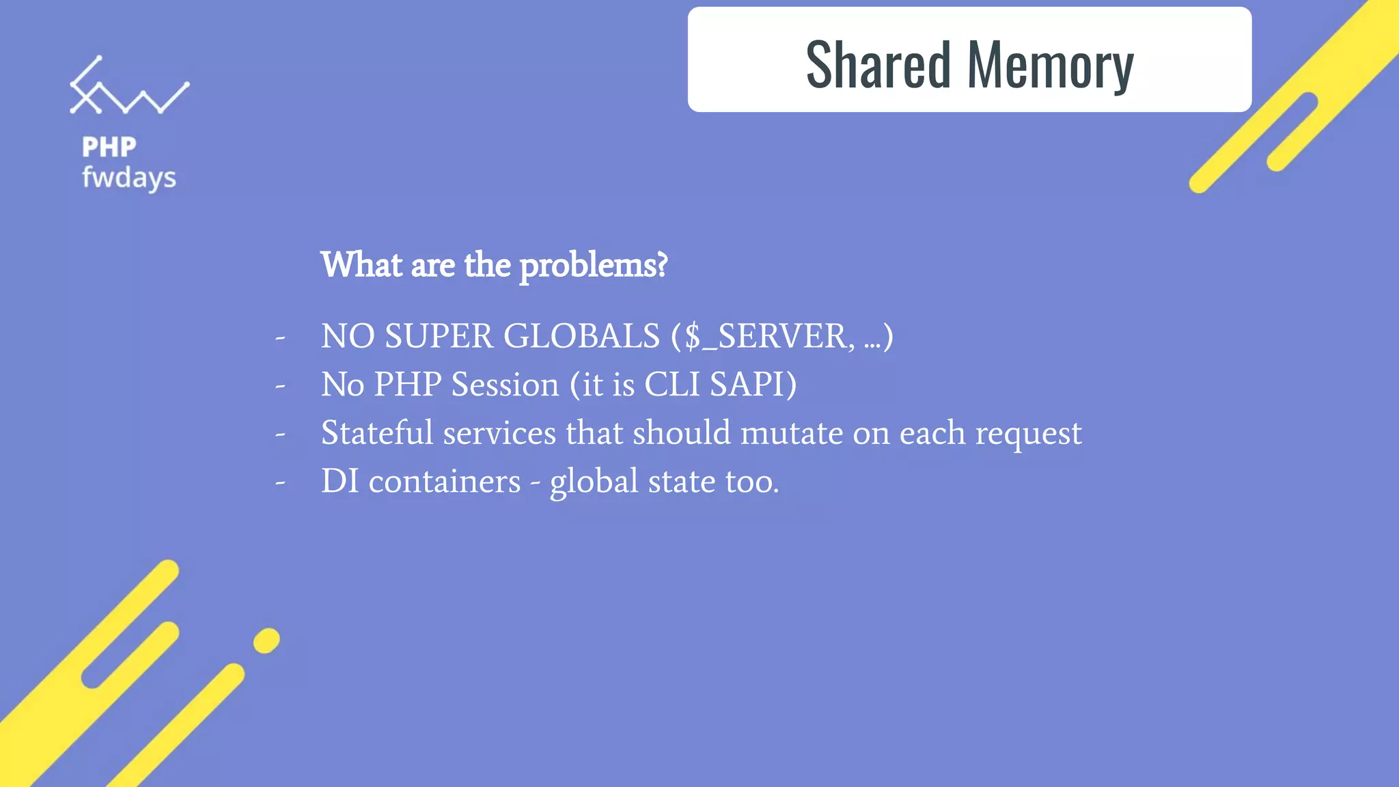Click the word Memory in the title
coord(1050,66)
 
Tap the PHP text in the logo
coord(109,147)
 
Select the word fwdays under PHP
coord(129,178)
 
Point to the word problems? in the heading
coord(593,266)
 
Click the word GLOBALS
coord(581,336)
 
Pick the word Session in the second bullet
coord(505,385)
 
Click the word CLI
coord(672,385)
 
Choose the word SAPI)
coord(753,385)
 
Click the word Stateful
coord(377,432)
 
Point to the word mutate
coord(792,433)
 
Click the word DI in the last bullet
coord(340,481)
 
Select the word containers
coord(445,482)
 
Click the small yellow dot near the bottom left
coord(266,641)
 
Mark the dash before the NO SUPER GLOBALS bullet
coord(280,337)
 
